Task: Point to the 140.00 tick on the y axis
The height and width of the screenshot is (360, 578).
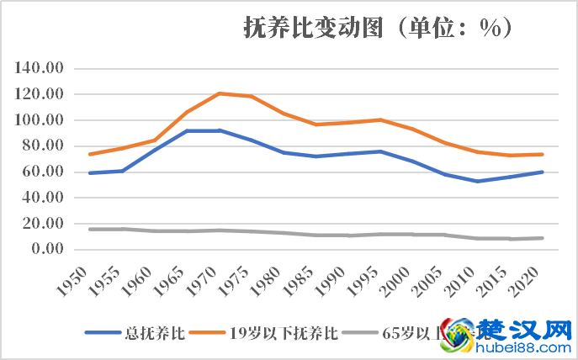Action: (40, 68)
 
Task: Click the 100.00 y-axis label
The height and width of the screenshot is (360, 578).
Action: (40, 120)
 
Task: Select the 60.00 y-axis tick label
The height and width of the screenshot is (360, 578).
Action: (43, 172)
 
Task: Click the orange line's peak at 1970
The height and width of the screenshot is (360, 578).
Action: (219, 93)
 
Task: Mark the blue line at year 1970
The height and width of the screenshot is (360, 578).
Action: (219, 130)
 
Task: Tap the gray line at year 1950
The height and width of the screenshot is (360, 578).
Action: (88, 229)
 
